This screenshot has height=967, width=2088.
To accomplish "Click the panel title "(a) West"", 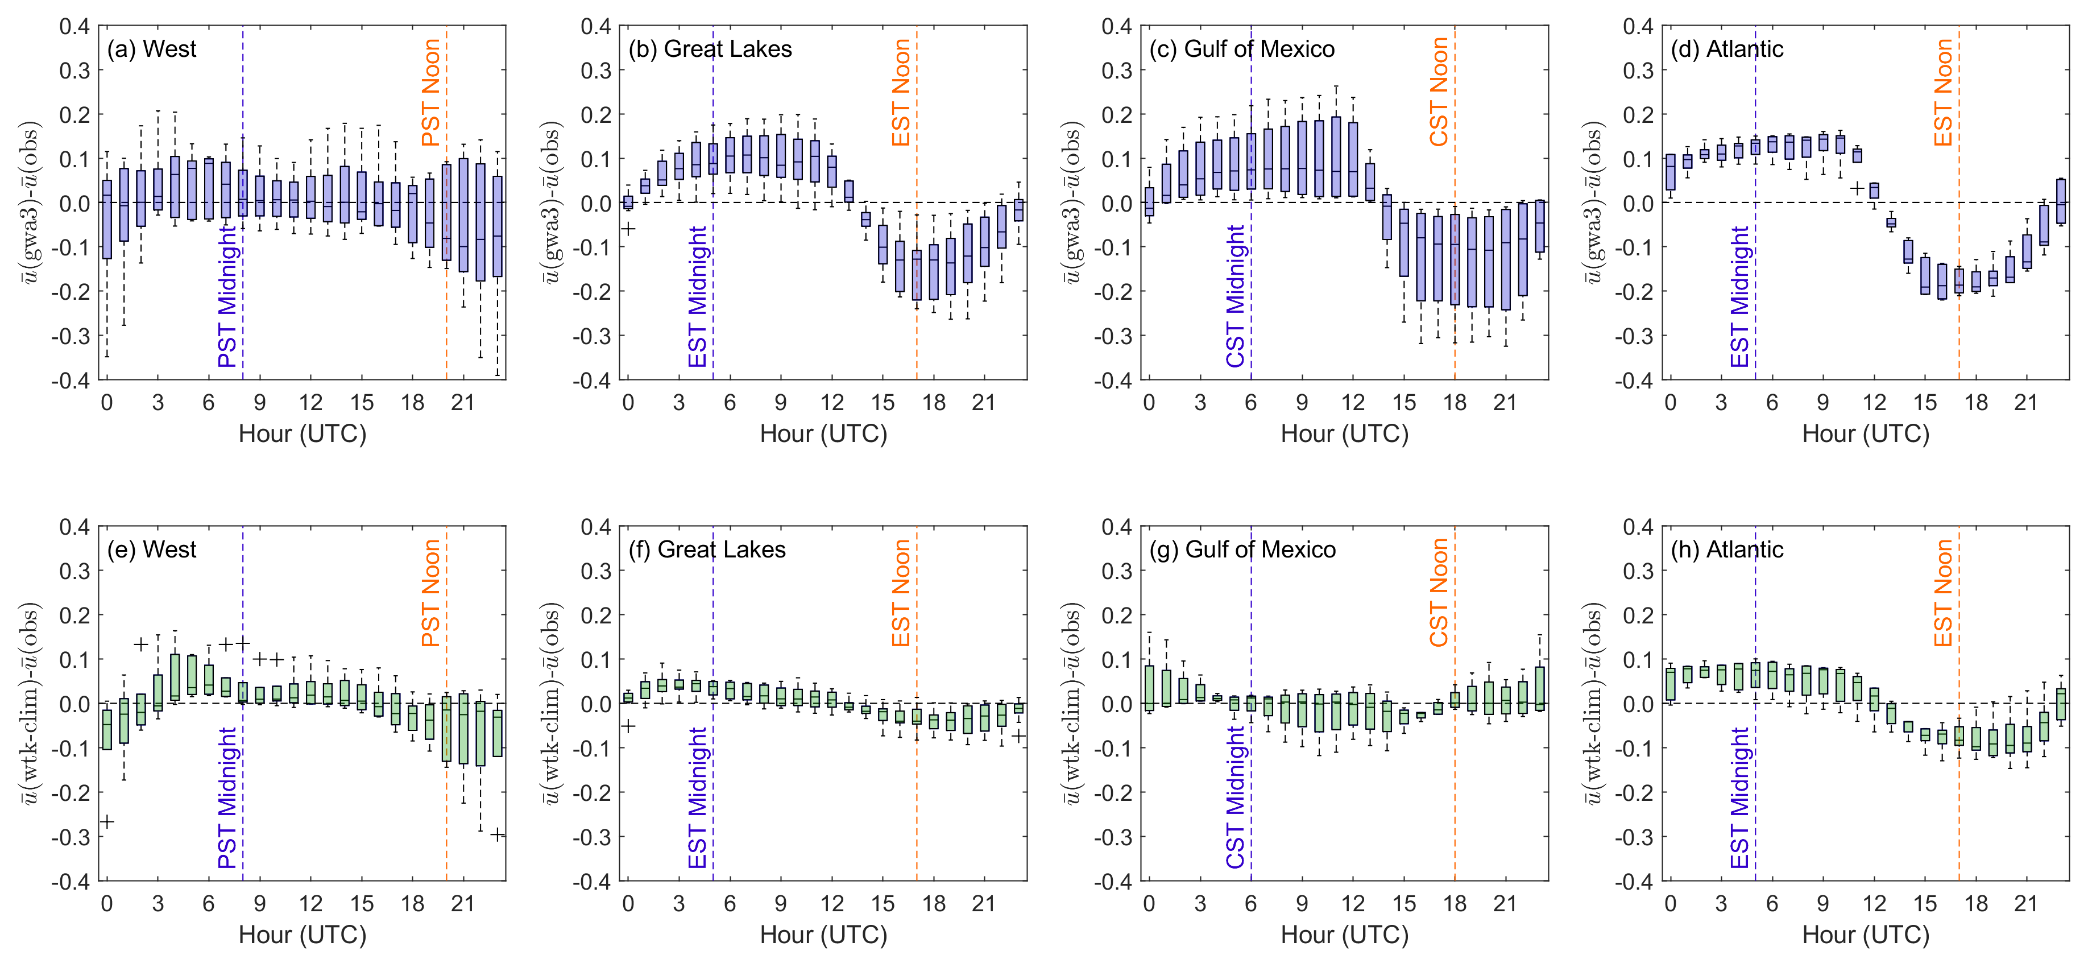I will coord(152,49).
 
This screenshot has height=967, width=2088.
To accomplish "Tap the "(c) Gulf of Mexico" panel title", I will coord(1242,49).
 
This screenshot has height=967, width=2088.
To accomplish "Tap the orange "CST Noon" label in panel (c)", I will coord(1439,92).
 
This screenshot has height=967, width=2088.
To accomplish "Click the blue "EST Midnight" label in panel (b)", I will coord(698,297).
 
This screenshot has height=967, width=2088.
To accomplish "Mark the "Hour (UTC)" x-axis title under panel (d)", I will coord(1865,433).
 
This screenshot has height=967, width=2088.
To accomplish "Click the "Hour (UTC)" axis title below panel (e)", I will coord(303,935).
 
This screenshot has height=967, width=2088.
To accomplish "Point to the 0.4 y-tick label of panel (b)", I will coord(596,27).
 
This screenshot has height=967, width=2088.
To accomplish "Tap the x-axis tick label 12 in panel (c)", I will coord(1353,403).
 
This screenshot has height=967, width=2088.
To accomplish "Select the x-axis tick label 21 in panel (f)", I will coord(983,904).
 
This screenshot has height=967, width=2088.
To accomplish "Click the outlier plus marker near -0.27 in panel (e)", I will coord(106,822).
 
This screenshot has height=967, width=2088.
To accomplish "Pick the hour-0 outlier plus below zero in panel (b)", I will coord(628,229).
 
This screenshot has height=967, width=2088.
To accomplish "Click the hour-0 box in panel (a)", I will coord(107,219).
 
